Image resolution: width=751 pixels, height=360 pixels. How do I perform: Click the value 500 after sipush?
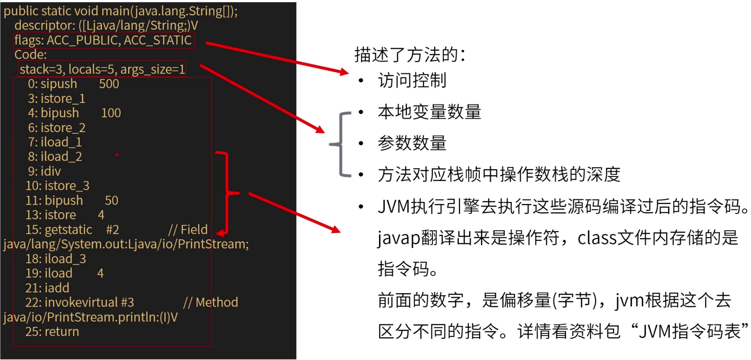pyautogui.click(x=109, y=84)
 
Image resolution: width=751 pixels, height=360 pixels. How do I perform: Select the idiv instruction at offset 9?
pyautogui.click(x=51, y=171)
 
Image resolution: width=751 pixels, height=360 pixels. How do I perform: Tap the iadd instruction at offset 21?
pyautogui.click(x=57, y=288)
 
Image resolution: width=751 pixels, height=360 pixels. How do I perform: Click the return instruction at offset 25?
pyautogui.click(x=62, y=332)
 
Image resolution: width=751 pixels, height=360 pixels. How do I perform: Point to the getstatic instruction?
pyautogui.click(x=68, y=230)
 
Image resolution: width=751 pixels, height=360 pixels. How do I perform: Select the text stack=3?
pyautogui.click(x=41, y=70)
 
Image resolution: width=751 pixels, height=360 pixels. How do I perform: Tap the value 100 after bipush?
pyautogui.click(x=111, y=113)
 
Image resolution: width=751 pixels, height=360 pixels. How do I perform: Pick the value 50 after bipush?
pyautogui.click(x=111, y=200)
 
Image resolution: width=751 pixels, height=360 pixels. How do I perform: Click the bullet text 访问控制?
pyautogui.click(x=412, y=81)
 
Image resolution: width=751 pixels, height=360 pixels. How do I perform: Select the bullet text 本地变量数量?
pyautogui.click(x=429, y=112)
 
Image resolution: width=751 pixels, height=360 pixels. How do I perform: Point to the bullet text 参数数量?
pyautogui.click(x=412, y=143)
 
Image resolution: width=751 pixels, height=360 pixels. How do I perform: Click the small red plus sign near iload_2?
pyautogui.click(x=117, y=155)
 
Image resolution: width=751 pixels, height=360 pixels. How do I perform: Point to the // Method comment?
pyautogui.click(x=211, y=303)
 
